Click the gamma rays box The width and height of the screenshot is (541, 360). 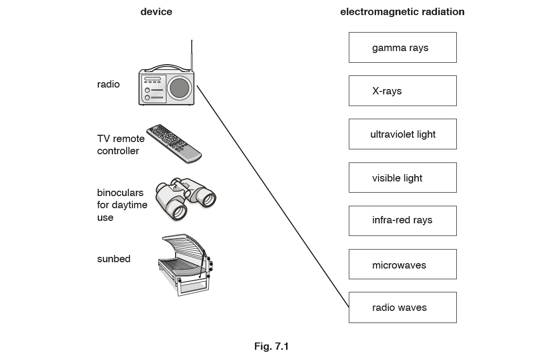pos(402,48)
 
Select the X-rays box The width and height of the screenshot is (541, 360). pos(402,91)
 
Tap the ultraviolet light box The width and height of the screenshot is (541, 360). pos(402,134)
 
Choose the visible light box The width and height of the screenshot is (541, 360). pos(402,178)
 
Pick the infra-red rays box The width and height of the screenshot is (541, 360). pos(402,220)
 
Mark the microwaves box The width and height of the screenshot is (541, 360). pos(402,264)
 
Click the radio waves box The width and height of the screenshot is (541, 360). pos(402,307)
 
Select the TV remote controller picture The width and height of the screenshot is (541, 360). pos(174,144)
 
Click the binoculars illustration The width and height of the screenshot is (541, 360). pos(185,198)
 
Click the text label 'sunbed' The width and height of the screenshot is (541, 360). pos(114,259)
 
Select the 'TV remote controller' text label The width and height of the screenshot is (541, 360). pos(121,145)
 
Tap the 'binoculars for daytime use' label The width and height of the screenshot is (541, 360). pos(122,205)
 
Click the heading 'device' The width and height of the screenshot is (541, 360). pos(156,12)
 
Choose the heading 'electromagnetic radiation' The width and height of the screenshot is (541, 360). pos(402,12)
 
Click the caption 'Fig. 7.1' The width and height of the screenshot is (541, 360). pos(271,346)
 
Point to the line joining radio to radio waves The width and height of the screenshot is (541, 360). pos(272,197)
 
